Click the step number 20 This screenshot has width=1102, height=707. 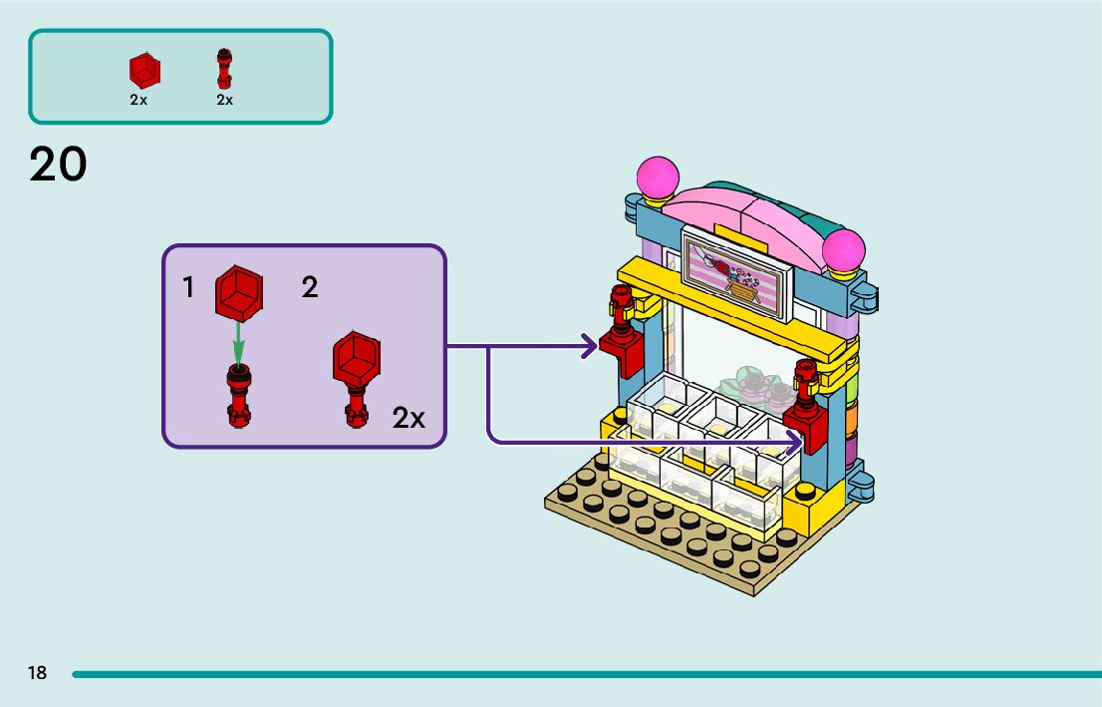pos(59,165)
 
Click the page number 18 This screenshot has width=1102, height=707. pos(37,673)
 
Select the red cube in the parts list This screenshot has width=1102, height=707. pos(144,70)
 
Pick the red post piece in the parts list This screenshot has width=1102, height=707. pos(224,69)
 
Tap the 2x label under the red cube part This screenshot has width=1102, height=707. pos(138,100)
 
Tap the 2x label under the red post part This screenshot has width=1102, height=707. pos(224,100)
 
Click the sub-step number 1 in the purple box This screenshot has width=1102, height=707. pos(188,288)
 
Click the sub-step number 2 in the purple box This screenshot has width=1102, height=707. pos(310,288)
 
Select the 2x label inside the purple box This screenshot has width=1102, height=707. pos(409,418)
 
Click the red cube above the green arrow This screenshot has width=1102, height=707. pos(239,290)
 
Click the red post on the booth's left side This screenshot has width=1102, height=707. pos(621,329)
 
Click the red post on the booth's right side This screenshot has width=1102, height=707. pos(805,404)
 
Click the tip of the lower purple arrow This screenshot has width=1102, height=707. pos(802,440)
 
